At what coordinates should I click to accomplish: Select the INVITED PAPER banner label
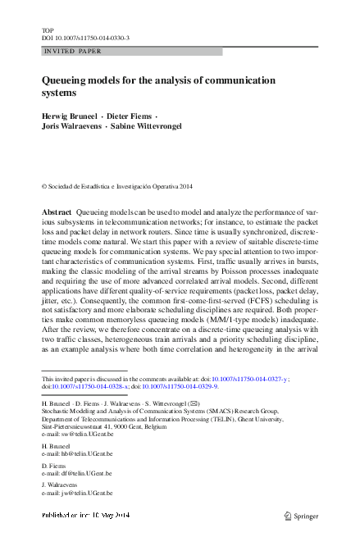click(73, 52)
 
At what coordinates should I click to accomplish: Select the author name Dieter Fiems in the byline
click(130, 117)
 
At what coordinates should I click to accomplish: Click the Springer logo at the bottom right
click(303, 516)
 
